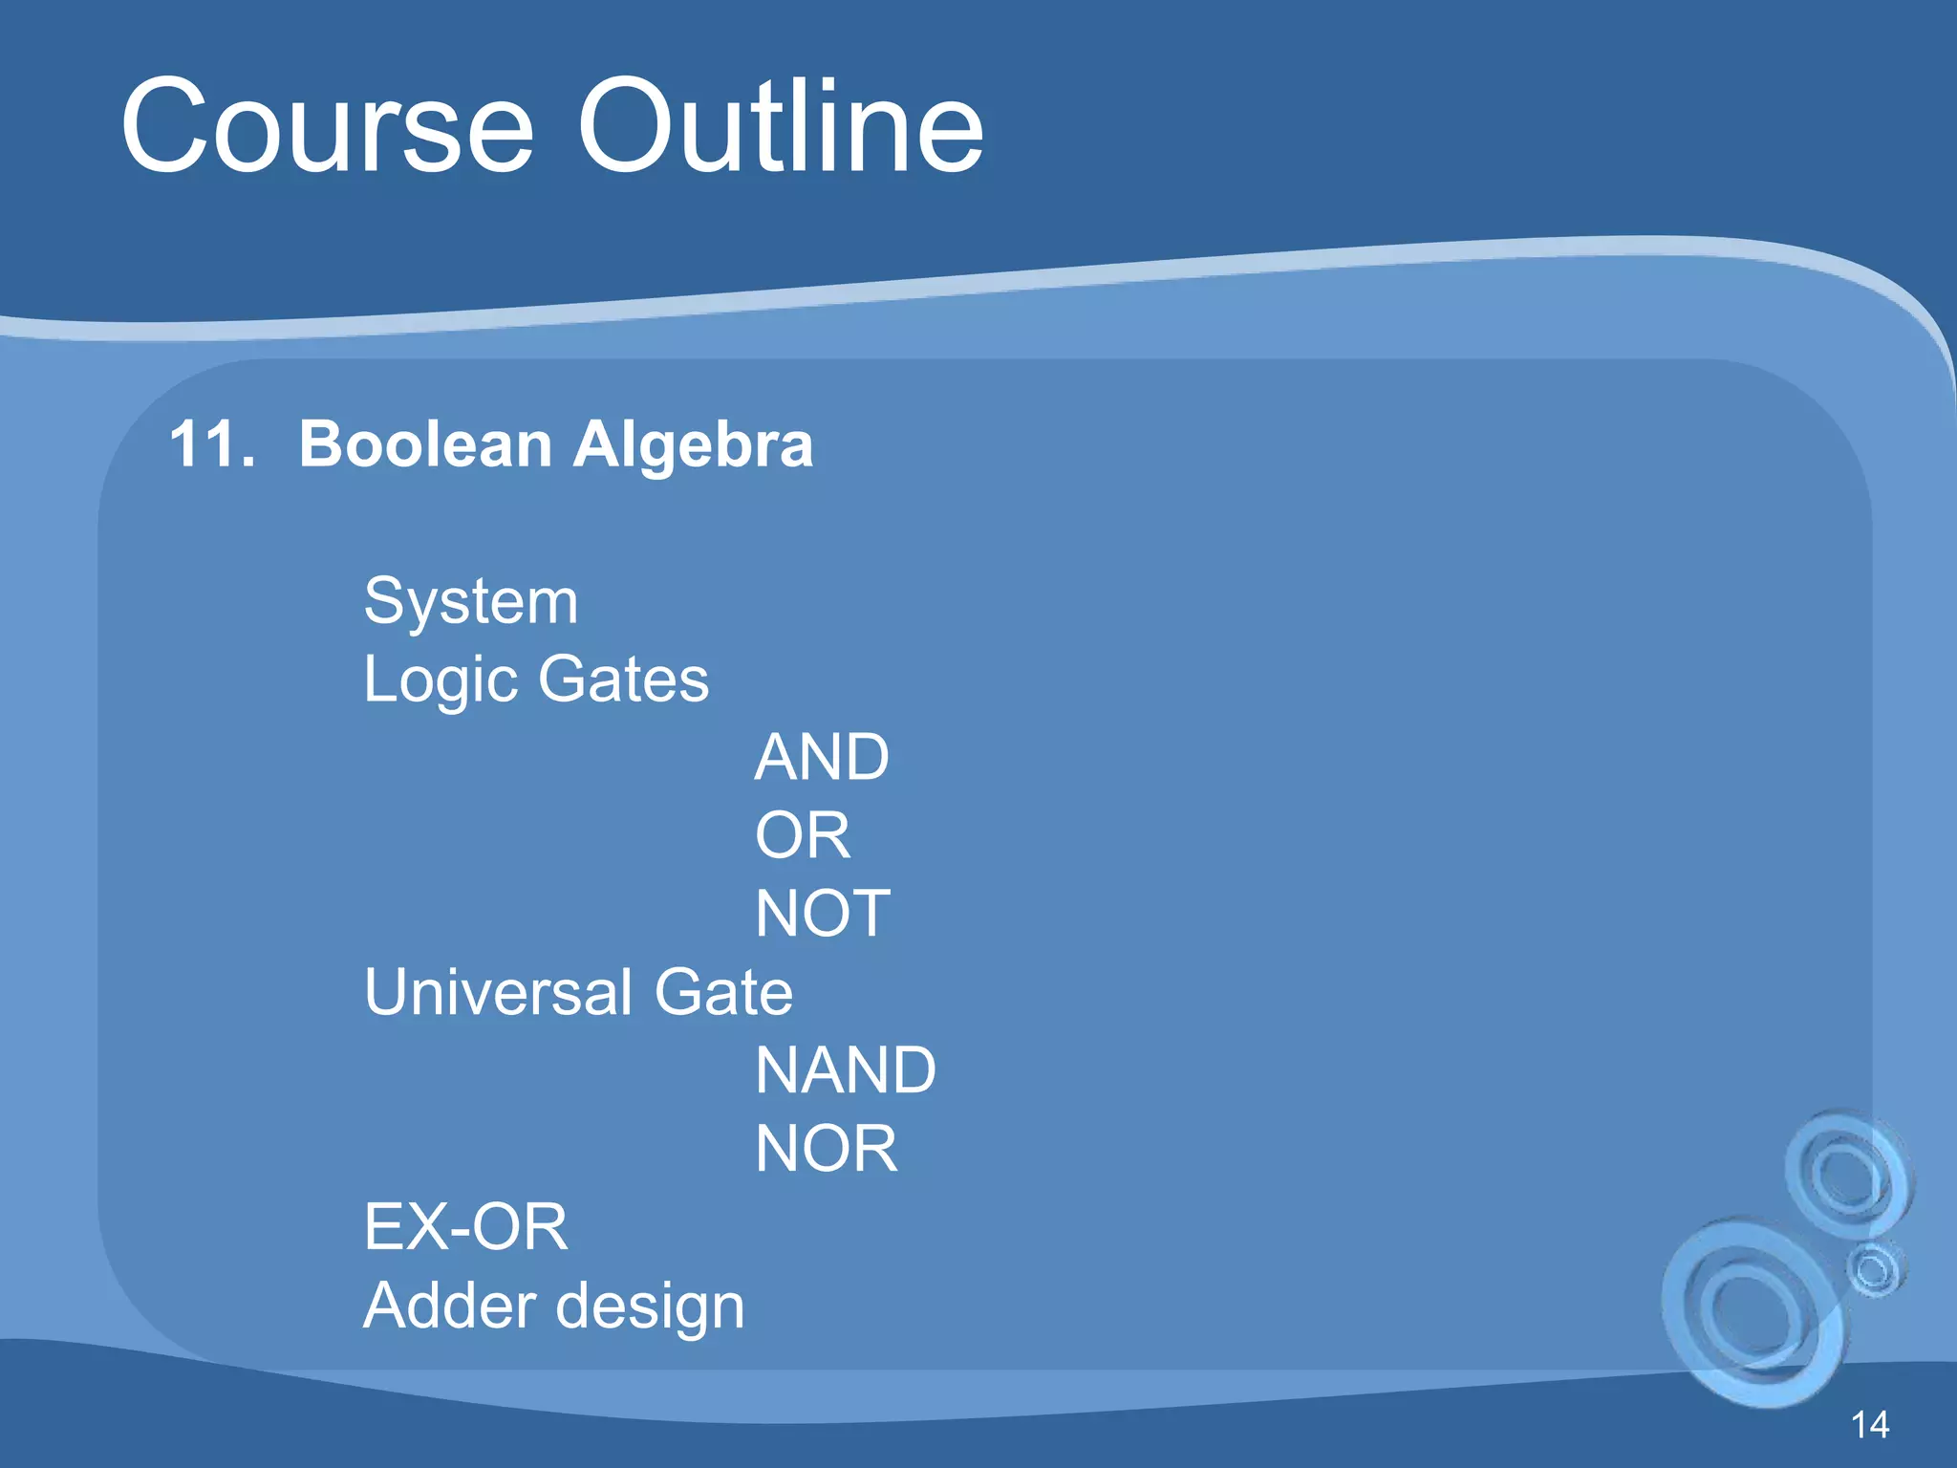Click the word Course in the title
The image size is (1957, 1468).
[327, 127]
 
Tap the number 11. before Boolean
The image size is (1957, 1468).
[212, 444]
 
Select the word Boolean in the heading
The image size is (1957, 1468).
[425, 444]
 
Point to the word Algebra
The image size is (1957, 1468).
[693, 446]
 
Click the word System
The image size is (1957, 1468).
[471, 603]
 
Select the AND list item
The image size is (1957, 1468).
[822, 758]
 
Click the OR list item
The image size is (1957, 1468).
[802, 836]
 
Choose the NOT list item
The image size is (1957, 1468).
[823, 915]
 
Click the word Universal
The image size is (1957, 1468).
[498, 992]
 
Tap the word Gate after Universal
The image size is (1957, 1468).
[723, 992]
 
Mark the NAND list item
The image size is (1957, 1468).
[846, 1070]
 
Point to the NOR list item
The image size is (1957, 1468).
[826, 1149]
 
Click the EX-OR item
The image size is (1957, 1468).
[465, 1227]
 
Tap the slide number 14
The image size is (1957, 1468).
[1869, 1425]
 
